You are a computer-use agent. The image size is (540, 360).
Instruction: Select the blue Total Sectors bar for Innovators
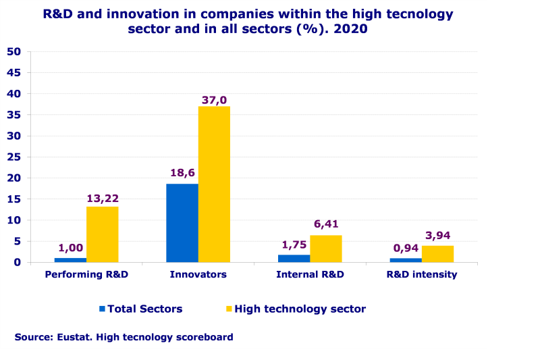[182, 223]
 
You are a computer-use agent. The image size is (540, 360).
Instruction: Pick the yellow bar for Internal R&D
[326, 249]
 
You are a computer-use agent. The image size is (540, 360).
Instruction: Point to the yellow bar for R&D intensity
[437, 254]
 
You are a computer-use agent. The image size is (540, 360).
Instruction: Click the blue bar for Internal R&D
[294, 258]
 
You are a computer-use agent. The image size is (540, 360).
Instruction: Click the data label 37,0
[215, 100]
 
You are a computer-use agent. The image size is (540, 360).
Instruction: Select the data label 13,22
[103, 199]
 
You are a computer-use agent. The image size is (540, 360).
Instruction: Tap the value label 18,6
[182, 173]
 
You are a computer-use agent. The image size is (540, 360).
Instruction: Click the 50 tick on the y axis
[14, 51]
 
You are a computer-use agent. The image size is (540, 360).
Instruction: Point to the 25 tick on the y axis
[14, 157]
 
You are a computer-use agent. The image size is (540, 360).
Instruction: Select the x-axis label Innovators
[198, 275]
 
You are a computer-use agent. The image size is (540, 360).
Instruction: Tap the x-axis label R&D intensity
[422, 275]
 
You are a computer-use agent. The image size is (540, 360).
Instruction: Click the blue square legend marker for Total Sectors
[103, 309]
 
